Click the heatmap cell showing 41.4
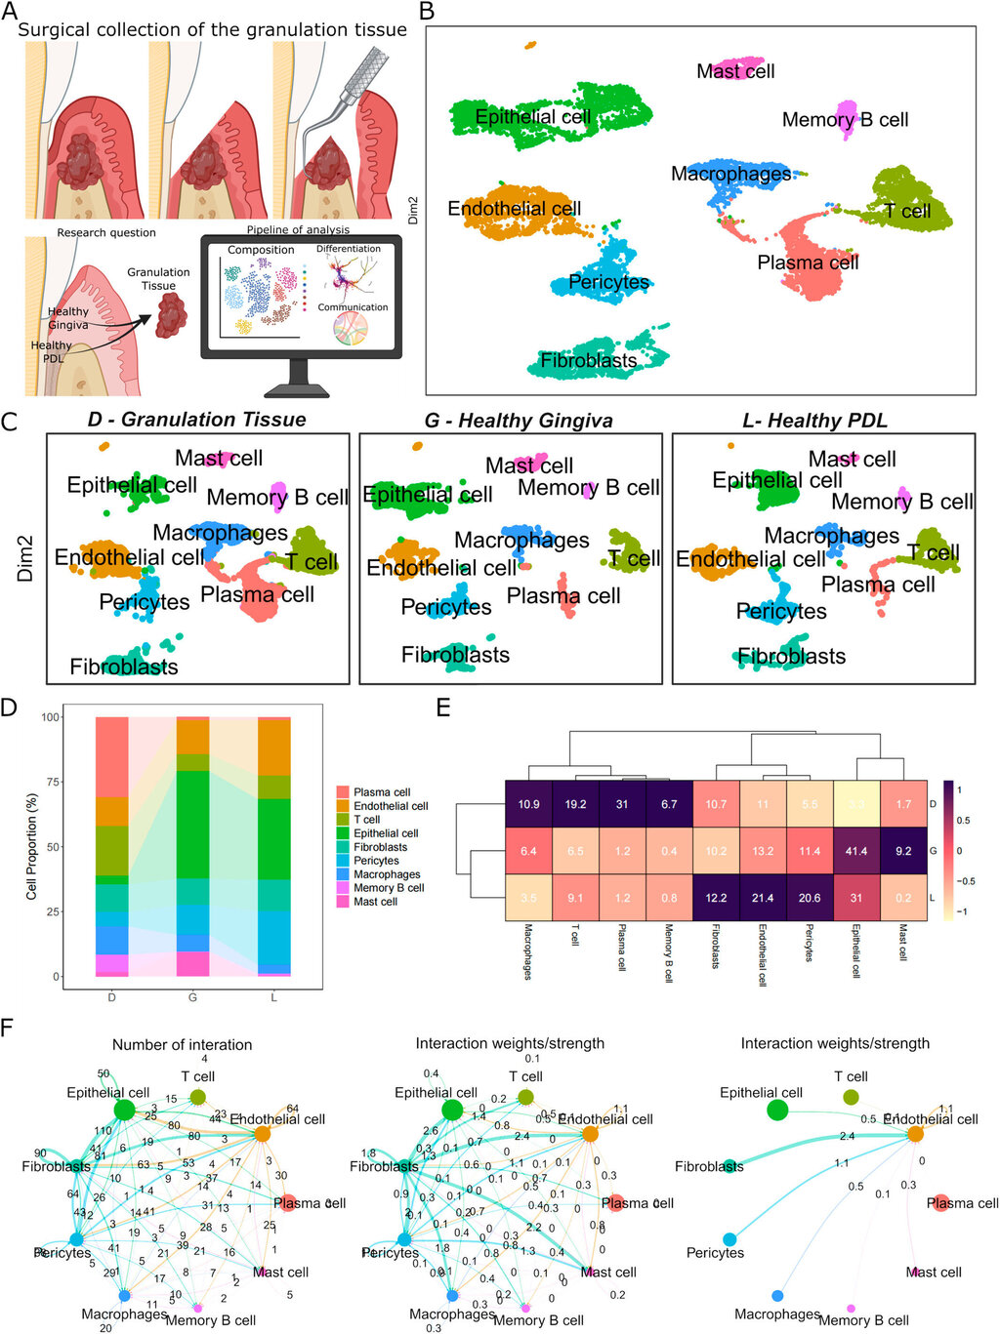tap(856, 852)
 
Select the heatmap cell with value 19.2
tap(575, 805)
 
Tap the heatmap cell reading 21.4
tap(763, 898)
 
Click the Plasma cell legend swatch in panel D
tap(343, 792)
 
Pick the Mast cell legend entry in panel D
tap(343, 902)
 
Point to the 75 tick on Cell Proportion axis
tap(53, 782)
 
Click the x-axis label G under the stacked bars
tap(192, 997)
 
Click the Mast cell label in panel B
tap(735, 71)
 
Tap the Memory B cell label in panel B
tap(845, 120)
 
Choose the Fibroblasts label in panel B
tap(588, 361)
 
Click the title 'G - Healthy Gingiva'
tap(519, 421)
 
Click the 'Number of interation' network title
tap(182, 1044)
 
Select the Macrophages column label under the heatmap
tap(528, 951)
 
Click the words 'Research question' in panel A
tap(106, 233)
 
